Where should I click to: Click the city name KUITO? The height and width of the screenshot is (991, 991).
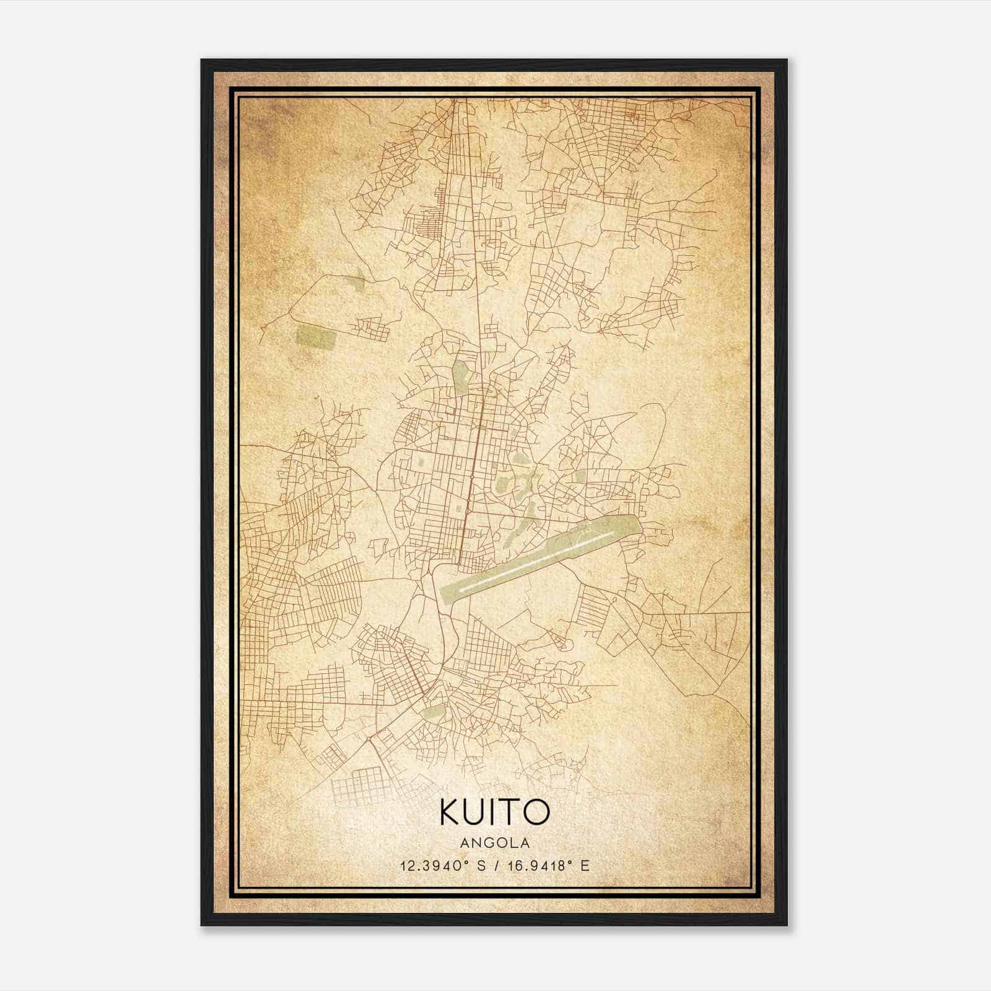coord(495,812)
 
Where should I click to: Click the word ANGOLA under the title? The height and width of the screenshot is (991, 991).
coord(495,843)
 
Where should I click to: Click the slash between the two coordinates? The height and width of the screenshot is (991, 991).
coord(495,865)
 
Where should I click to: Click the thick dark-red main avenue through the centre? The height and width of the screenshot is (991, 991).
coord(473,471)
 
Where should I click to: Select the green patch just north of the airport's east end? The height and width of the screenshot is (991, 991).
coord(579,477)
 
